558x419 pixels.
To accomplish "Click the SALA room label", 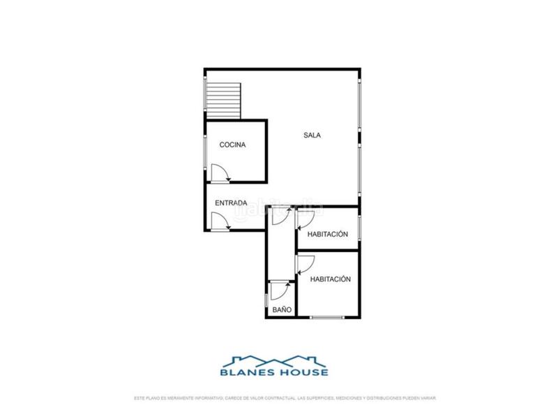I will coord(312,135).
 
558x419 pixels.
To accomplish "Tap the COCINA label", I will coord(232,145).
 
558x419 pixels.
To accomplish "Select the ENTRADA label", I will coord(231,203).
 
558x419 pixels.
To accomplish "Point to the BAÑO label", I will coord(282,309).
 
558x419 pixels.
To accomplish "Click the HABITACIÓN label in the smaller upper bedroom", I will coord(327,235).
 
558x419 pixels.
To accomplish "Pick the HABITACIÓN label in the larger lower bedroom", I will coord(330,279).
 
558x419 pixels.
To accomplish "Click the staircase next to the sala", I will coord(223,98).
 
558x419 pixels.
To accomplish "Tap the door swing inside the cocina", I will coord(220,172).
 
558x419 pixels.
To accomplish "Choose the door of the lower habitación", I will coord(305,264).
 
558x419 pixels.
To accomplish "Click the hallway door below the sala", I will coord(278,217).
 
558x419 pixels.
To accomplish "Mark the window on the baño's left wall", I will coord(266,299).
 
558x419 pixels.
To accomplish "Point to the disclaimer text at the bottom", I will coord(285,398).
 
